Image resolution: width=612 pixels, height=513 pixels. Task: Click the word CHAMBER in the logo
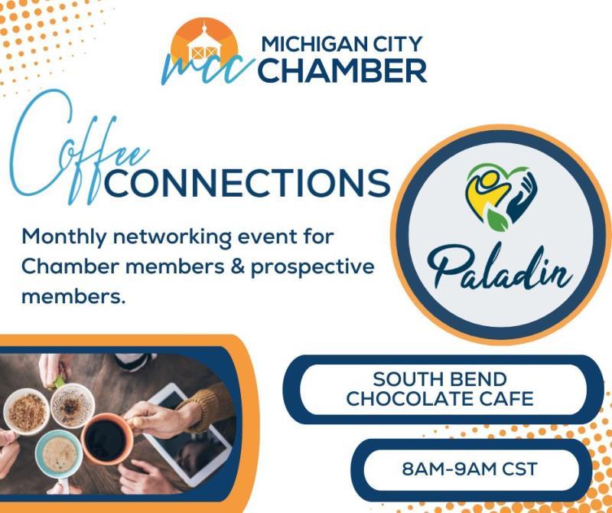(x=342, y=71)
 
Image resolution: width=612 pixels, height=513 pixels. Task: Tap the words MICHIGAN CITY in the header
(x=342, y=44)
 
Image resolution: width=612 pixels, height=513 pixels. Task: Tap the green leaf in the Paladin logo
(x=497, y=220)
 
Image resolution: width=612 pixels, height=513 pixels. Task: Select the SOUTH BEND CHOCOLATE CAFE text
(x=439, y=389)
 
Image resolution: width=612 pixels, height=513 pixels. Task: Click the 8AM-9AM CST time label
(x=470, y=469)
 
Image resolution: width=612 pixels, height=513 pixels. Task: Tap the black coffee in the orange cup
(x=106, y=440)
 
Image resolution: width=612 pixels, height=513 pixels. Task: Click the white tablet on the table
(x=187, y=433)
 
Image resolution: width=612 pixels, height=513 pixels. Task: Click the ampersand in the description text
(x=237, y=267)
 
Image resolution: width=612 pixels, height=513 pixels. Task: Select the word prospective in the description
(x=313, y=269)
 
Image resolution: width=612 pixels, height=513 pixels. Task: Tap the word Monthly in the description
(x=63, y=237)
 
